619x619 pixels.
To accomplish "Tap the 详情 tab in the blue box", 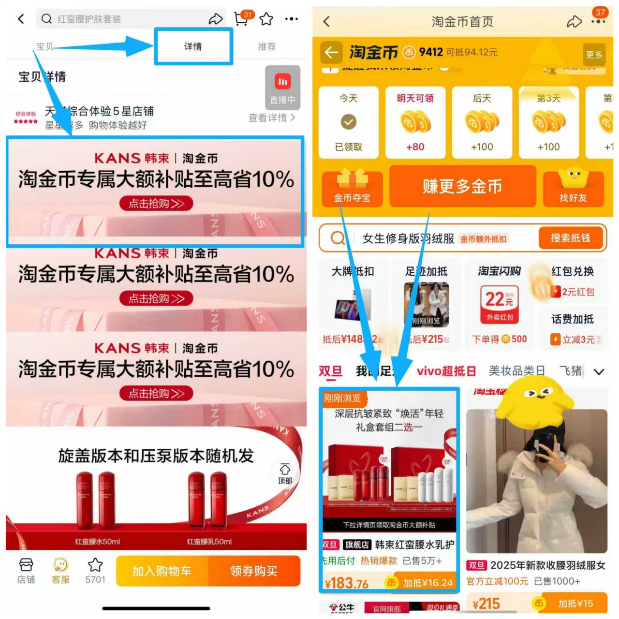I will coord(193,46).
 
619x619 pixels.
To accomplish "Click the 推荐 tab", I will coord(266,46).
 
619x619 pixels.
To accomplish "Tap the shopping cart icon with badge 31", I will coord(241,19).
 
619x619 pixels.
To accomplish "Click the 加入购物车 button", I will coord(162,571).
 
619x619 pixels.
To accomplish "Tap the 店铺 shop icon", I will coord(26,571).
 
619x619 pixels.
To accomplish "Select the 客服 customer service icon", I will coord(60,571).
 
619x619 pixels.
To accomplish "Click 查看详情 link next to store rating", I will coord(271,118).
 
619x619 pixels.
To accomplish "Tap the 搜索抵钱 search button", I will coord(571,238).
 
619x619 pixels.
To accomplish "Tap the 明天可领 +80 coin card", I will coord(415,122).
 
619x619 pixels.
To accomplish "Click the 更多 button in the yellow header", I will coord(594,55).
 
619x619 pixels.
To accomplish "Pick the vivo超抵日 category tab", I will coord(446,371).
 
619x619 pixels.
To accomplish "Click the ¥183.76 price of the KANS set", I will coord(347,583).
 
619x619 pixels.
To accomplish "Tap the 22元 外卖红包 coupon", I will coord(500,304).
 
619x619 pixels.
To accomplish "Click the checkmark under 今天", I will coord(348,122).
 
